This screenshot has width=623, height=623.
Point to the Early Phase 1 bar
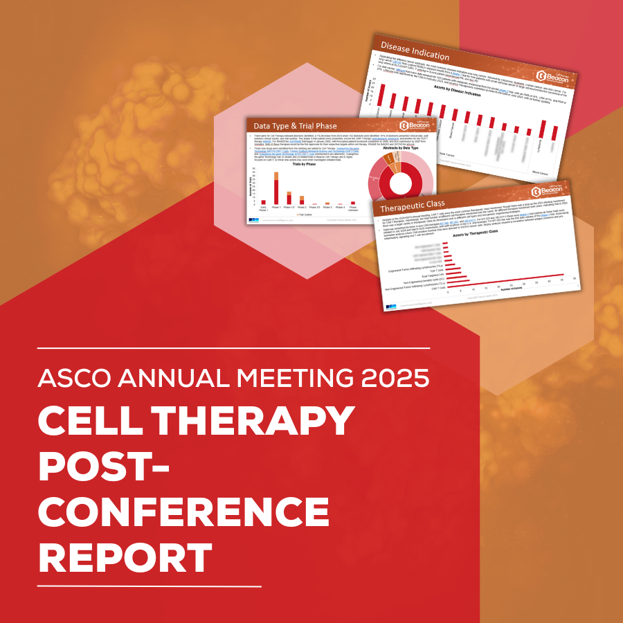tap(263, 201)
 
